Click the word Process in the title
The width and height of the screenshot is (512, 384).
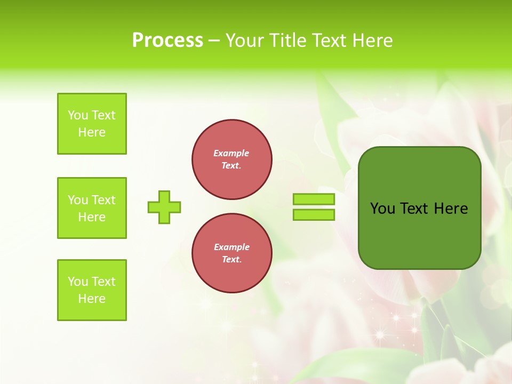tap(167, 41)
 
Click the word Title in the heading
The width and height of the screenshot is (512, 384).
tap(287, 41)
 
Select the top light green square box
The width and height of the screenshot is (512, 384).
tap(92, 124)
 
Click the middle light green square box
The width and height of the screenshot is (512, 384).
tap(92, 208)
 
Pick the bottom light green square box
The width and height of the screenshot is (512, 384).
tap(92, 290)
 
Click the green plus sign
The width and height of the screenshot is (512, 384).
tap(164, 207)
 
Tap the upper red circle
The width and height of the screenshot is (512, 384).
tap(232, 159)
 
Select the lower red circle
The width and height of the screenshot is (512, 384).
tap(232, 253)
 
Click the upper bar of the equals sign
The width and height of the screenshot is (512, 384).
tap(314, 199)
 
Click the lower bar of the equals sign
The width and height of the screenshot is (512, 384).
tap(314, 214)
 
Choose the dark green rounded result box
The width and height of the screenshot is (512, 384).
tap(419, 208)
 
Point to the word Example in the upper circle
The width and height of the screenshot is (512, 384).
tap(231, 153)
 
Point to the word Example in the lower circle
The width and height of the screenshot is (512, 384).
tap(231, 247)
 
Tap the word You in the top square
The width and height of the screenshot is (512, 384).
tap(78, 115)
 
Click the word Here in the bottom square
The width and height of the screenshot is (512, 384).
tap(92, 299)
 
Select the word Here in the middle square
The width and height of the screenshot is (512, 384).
tap(92, 217)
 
